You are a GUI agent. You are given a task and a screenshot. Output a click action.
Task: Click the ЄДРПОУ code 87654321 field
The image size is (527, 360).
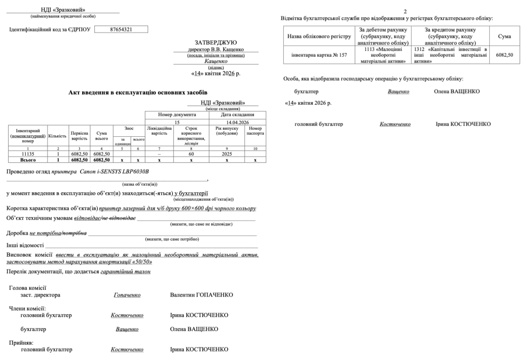pyautogui.click(x=121, y=29)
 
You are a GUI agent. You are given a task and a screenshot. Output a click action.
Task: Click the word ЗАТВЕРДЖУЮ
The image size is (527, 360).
pyautogui.click(x=215, y=43)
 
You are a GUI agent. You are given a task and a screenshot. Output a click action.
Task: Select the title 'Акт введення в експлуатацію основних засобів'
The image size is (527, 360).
pyautogui.click(x=138, y=93)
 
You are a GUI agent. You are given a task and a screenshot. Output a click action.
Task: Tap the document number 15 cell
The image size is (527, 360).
pyautogui.click(x=177, y=123)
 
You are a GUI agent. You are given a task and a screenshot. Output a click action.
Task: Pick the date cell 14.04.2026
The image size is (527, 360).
pyautogui.click(x=237, y=123)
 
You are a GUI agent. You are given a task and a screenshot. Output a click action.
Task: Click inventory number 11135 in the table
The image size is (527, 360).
pyautogui.click(x=28, y=154)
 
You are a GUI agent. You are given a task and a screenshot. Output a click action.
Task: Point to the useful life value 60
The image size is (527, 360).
pyautogui.click(x=191, y=154)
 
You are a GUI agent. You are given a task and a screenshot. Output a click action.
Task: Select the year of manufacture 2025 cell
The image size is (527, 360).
pyautogui.click(x=227, y=154)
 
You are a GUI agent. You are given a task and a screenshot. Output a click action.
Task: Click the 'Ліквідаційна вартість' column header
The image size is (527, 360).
pyautogui.click(x=159, y=131)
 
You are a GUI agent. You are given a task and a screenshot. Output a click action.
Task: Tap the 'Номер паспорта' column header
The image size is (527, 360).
pyautogui.click(x=255, y=131)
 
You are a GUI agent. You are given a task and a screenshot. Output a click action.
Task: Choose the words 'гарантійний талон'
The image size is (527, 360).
pyautogui.click(x=126, y=272)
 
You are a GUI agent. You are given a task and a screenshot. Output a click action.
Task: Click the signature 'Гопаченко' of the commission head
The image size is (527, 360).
pyautogui.click(x=127, y=295)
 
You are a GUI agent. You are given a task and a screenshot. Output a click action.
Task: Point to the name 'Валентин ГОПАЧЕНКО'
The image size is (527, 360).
pyautogui.click(x=201, y=295)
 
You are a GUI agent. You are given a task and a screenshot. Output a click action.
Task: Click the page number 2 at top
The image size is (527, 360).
pyautogui.click(x=405, y=12)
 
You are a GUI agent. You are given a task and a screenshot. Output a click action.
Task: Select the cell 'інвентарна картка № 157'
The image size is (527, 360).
pyautogui.click(x=319, y=55)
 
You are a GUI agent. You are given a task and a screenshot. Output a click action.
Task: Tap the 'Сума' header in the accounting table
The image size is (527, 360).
pyautogui.click(x=504, y=36)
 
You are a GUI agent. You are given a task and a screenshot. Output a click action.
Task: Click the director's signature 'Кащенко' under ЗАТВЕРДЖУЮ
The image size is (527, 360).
pyautogui.click(x=216, y=61)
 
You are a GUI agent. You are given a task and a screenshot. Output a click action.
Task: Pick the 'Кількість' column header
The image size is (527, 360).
pyautogui.click(x=58, y=136)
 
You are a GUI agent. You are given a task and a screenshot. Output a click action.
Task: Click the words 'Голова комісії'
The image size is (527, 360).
pyautogui.click(x=28, y=288)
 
